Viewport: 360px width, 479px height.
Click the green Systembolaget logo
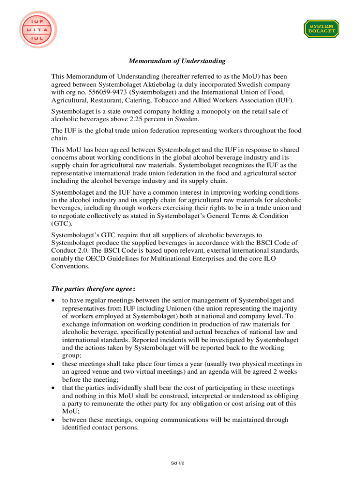322,29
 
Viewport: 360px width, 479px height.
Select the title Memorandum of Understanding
177,61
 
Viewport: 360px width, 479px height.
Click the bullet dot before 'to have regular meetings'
55,300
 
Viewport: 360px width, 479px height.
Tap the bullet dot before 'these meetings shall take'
55,364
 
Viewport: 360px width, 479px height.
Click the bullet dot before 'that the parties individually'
55,388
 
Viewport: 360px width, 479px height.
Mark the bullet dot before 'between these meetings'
55,420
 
